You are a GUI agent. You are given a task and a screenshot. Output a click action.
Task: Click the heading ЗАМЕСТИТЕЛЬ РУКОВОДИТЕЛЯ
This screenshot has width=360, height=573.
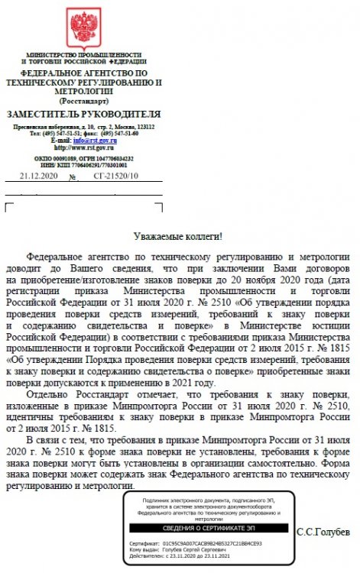click(x=84, y=114)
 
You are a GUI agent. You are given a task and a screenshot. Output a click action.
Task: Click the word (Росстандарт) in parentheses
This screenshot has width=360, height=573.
click(x=84, y=101)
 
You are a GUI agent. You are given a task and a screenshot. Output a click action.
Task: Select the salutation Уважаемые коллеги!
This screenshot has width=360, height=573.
click(x=178, y=238)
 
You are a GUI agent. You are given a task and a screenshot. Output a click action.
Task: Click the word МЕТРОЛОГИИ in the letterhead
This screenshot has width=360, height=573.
click(x=84, y=91)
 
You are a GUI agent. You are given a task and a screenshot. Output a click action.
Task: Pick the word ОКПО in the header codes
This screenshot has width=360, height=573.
click(x=44, y=157)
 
